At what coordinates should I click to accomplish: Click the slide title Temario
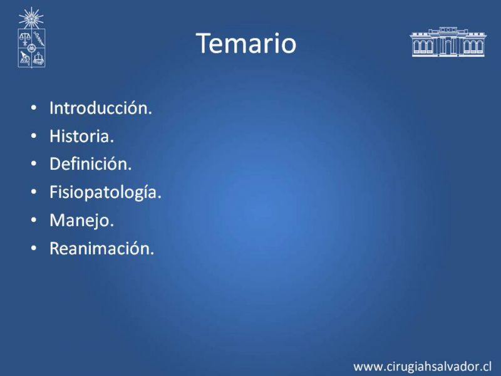tap(246, 43)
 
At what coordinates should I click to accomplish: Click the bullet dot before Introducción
tap(34, 108)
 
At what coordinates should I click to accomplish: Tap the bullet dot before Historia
tap(34, 136)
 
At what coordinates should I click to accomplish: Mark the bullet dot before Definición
tap(34, 164)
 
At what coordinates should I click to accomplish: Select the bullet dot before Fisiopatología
tap(34, 192)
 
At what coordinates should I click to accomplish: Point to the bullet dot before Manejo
tap(34, 221)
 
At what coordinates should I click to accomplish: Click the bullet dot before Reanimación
tap(34, 248)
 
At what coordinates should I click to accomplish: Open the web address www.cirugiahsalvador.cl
tap(422, 367)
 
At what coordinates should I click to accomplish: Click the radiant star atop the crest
tap(31, 18)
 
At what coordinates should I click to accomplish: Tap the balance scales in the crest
tap(24, 38)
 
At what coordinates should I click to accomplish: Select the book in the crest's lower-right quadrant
tap(39, 59)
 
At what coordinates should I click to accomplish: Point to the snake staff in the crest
tap(39, 38)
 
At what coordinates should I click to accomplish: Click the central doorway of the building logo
tap(448, 48)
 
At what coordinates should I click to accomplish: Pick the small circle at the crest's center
tap(31, 48)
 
